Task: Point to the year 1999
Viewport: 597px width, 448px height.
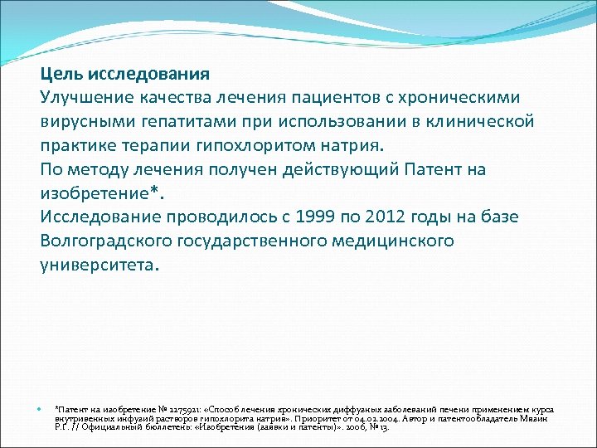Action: point(298,217)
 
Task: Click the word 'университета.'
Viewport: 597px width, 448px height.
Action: point(96,265)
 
